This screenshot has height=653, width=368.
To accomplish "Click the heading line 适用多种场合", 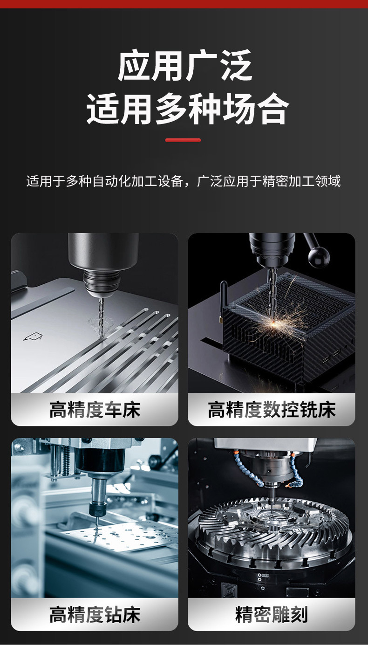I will (x=187, y=109).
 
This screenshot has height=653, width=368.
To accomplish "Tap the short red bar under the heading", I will (x=183, y=140).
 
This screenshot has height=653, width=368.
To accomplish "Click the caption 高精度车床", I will (x=95, y=410).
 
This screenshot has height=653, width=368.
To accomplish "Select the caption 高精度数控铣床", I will (x=272, y=410).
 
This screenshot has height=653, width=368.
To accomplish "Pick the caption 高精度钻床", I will (x=95, y=614).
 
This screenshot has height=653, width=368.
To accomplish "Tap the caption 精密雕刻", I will (x=272, y=614).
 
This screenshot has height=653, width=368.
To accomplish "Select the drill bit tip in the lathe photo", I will (x=101, y=331).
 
